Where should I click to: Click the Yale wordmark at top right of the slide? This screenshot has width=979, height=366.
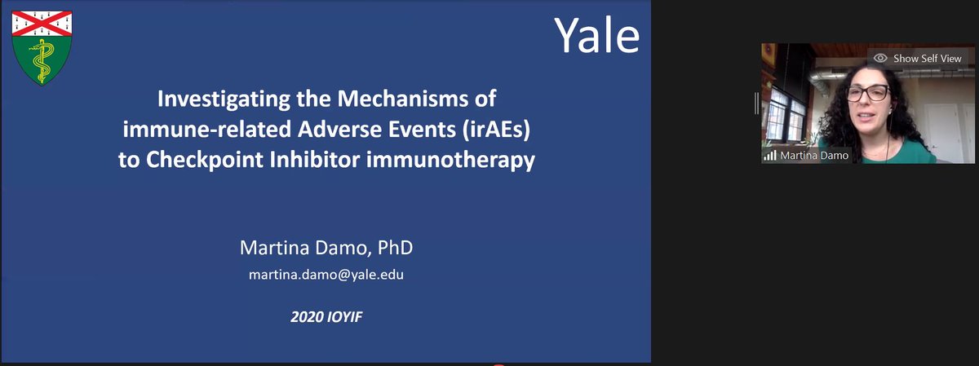click(x=596, y=34)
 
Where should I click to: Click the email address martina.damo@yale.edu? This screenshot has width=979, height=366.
click(x=326, y=275)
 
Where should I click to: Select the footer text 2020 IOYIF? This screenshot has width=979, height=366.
click(x=326, y=315)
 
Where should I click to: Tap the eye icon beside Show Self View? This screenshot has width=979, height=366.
click(x=880, y=59)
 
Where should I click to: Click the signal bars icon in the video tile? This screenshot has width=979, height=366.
click(x=768, y=155)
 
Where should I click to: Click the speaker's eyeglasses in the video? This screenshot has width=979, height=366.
click(x=866, y=93)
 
